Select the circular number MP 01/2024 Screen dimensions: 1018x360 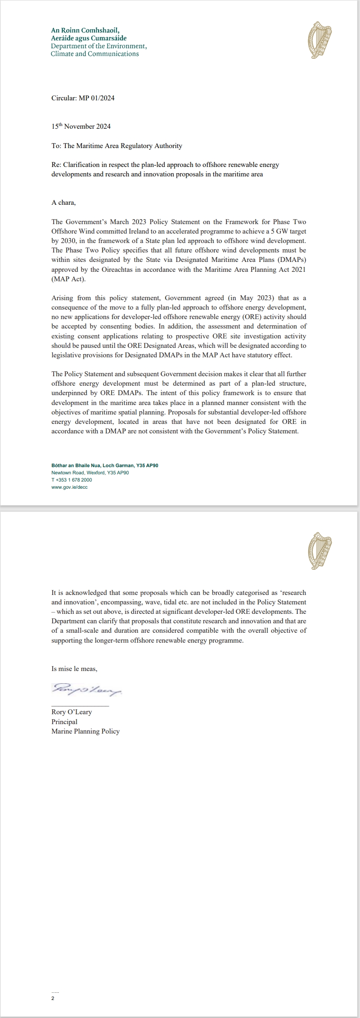97,98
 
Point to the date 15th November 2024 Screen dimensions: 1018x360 81,126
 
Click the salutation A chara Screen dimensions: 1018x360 63,203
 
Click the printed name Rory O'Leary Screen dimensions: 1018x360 72,712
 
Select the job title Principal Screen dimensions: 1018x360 64,721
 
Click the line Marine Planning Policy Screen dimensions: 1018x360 85,731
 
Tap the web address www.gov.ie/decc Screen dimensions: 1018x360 70,487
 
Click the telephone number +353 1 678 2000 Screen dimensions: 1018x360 72,480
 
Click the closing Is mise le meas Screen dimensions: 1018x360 74,669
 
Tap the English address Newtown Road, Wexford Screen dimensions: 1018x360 90,473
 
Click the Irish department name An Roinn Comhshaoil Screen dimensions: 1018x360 85,31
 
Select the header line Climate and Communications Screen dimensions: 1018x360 95,54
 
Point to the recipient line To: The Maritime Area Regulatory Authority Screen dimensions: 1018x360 117,146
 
